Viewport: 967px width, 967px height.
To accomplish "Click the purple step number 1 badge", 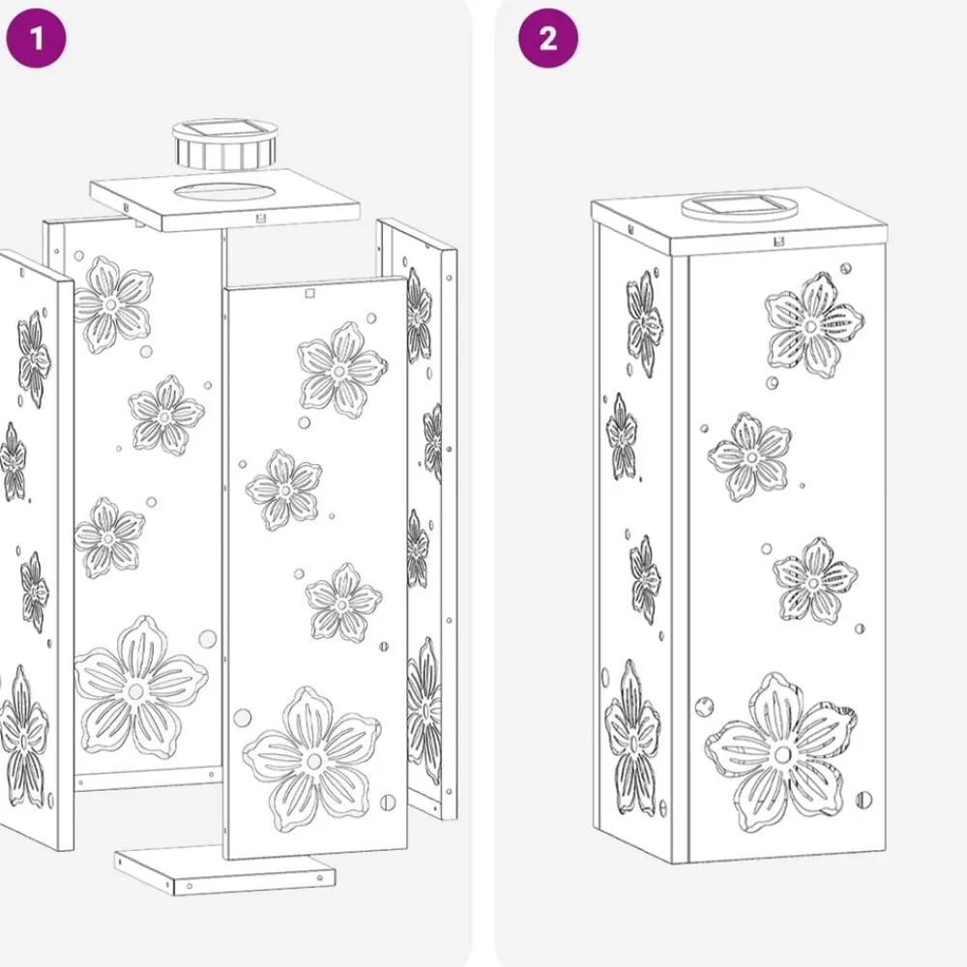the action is (36, 39).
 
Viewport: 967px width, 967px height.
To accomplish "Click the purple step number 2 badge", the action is (547, 39).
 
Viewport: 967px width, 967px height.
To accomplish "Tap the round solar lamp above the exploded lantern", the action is (224, 145).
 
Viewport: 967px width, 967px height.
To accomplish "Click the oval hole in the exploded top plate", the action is (225, 191).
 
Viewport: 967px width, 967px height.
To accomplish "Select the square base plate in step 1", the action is (225, 869).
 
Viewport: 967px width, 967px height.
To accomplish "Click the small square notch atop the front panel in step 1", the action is (310, 294).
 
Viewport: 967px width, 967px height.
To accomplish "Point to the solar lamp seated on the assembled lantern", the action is (738, 207).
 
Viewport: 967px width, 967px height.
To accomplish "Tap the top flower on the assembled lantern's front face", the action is (813, 325).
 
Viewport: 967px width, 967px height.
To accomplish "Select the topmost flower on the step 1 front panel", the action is (342, 370).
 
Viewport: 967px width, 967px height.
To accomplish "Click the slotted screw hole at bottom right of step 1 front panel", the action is (388, 803).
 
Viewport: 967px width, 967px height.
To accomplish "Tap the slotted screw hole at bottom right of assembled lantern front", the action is (864, 800).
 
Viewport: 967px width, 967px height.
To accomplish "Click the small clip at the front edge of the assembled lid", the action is (778, 241).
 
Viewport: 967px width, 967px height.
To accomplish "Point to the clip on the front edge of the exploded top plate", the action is (260, 218).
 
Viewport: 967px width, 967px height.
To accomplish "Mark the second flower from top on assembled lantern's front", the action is (749, 457).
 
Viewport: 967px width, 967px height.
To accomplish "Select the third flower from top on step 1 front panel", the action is (343, 601).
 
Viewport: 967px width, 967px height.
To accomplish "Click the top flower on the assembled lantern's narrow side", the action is (644, 323).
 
